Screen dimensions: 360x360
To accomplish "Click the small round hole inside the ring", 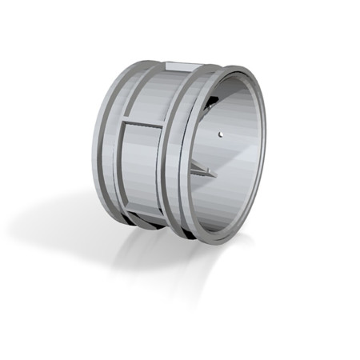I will tap(220, 134).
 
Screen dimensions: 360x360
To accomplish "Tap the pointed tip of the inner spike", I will tap(214, 174).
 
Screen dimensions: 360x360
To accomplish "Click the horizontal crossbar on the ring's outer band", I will tap(144, 123).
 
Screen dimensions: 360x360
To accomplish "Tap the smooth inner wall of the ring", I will tap(240, 160).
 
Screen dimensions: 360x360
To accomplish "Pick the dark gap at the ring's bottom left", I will tap(144, 224).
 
